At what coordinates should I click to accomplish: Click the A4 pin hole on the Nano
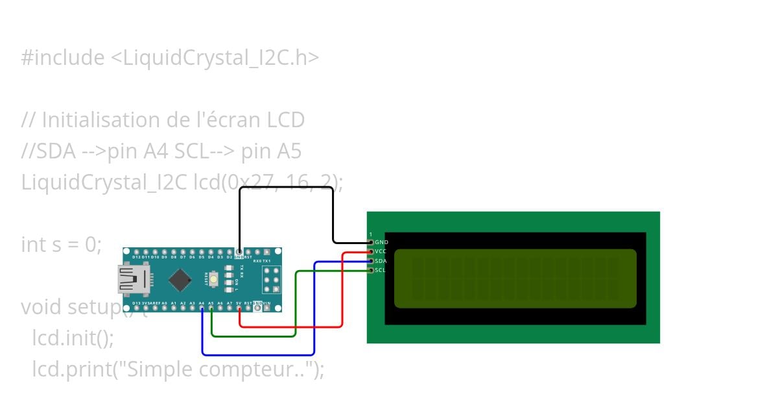point(202,309)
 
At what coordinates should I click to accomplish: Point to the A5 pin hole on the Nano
point(211,309)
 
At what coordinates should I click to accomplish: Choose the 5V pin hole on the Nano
point(240,309)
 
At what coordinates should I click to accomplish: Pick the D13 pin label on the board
point(136,303)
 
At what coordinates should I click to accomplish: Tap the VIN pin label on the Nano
point(266,303)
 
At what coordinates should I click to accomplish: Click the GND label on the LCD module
point(381,242)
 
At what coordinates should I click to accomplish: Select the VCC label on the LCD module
point(381,251)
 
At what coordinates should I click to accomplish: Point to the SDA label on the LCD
point(381,260)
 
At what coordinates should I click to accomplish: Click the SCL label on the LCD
point(381,269)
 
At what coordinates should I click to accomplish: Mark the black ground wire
point(285,188)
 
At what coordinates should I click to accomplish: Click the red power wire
point(342,292)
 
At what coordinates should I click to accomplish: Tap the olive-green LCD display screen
point(515,278)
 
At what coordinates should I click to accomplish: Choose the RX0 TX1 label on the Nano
point(262,260)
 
